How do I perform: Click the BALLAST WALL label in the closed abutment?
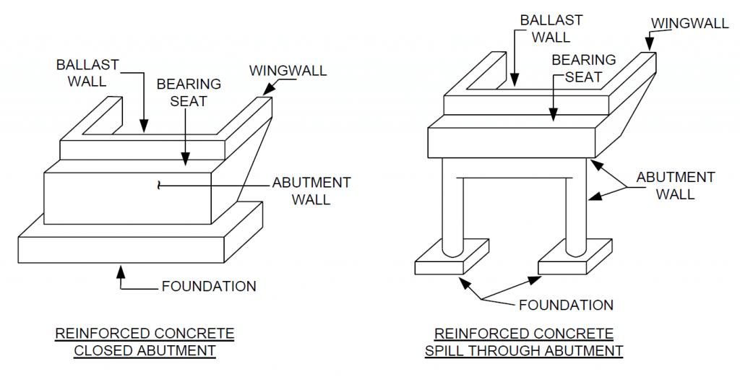pos(87,72)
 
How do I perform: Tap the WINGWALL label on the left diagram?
pos(288,71)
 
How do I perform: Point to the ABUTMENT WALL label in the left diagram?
pos(311,190)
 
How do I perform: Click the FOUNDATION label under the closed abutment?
pos(208,287)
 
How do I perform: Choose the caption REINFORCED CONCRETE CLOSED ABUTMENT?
pos(145,342)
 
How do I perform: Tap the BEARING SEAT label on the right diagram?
pos(584,68)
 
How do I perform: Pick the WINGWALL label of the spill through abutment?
pos(689,23)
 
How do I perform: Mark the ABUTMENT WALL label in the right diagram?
pos(675,185)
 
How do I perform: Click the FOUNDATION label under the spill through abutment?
pos(566,304)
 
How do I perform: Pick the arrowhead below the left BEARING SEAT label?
pos(186,162)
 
